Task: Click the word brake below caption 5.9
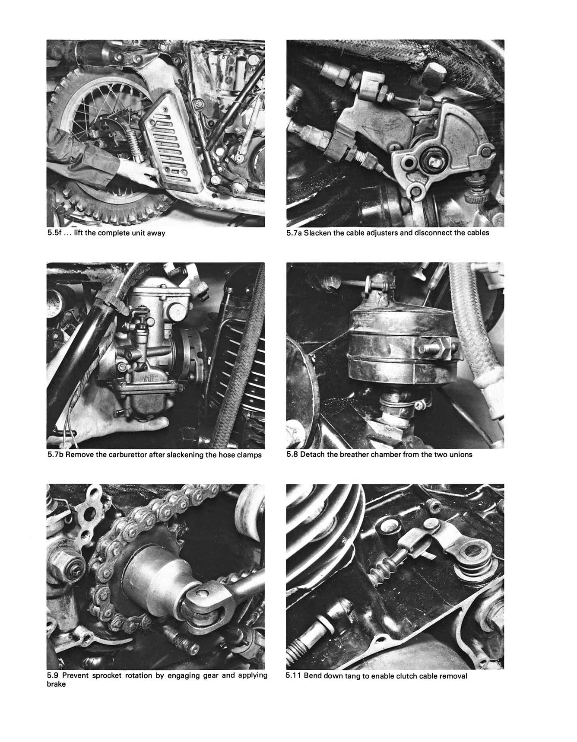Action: [56, 684]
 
